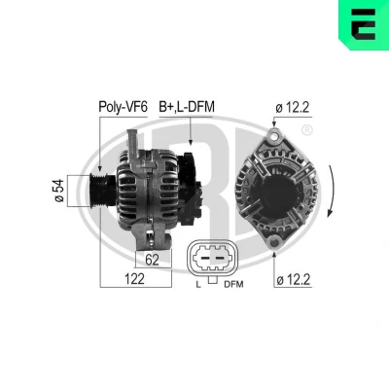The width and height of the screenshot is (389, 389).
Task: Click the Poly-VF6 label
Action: [x=124, y=107]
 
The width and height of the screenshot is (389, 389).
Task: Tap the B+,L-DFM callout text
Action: [x=187, y=107]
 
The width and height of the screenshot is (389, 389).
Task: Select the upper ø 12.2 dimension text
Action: [x=293, y=108]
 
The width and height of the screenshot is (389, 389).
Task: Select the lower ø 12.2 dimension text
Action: [x=294, y=279]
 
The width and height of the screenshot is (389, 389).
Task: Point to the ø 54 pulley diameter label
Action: [x=59, y=191]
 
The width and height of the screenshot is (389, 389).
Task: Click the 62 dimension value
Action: [x=152, y=260]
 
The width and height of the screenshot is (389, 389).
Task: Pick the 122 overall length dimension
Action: [x=135, y=279]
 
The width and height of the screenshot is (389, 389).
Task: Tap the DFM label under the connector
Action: [x=233, y=284]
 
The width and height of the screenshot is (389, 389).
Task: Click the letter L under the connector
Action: [x=198, y=285]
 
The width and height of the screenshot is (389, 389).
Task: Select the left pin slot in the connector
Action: [x=204, y=259]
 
